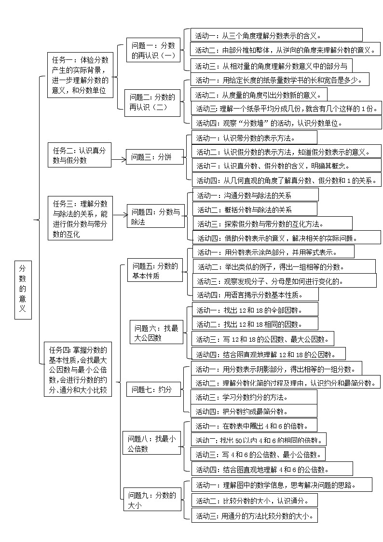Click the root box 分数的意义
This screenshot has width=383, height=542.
[x=23, y=291]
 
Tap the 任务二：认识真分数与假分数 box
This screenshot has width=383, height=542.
[x=80, y=155]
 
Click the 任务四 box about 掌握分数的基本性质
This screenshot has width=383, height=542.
[x=78, y=369]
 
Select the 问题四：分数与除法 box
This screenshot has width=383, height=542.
[x=156, y=217]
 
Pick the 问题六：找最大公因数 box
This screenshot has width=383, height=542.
[x=156, y=333]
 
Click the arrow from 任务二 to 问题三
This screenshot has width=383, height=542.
[x=119, y=157]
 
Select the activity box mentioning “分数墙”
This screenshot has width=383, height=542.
[x=286, y=123]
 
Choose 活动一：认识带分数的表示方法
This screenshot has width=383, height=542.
[x=254, y=138]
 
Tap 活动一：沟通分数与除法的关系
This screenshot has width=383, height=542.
[x=255, y=195]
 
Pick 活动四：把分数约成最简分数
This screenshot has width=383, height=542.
[x=254, y=411]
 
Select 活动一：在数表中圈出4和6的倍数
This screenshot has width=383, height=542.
[x=254, y=426]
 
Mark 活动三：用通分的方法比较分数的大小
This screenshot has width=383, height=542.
[x=254, y=515]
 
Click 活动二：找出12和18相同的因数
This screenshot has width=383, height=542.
[x=255, y=323]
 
